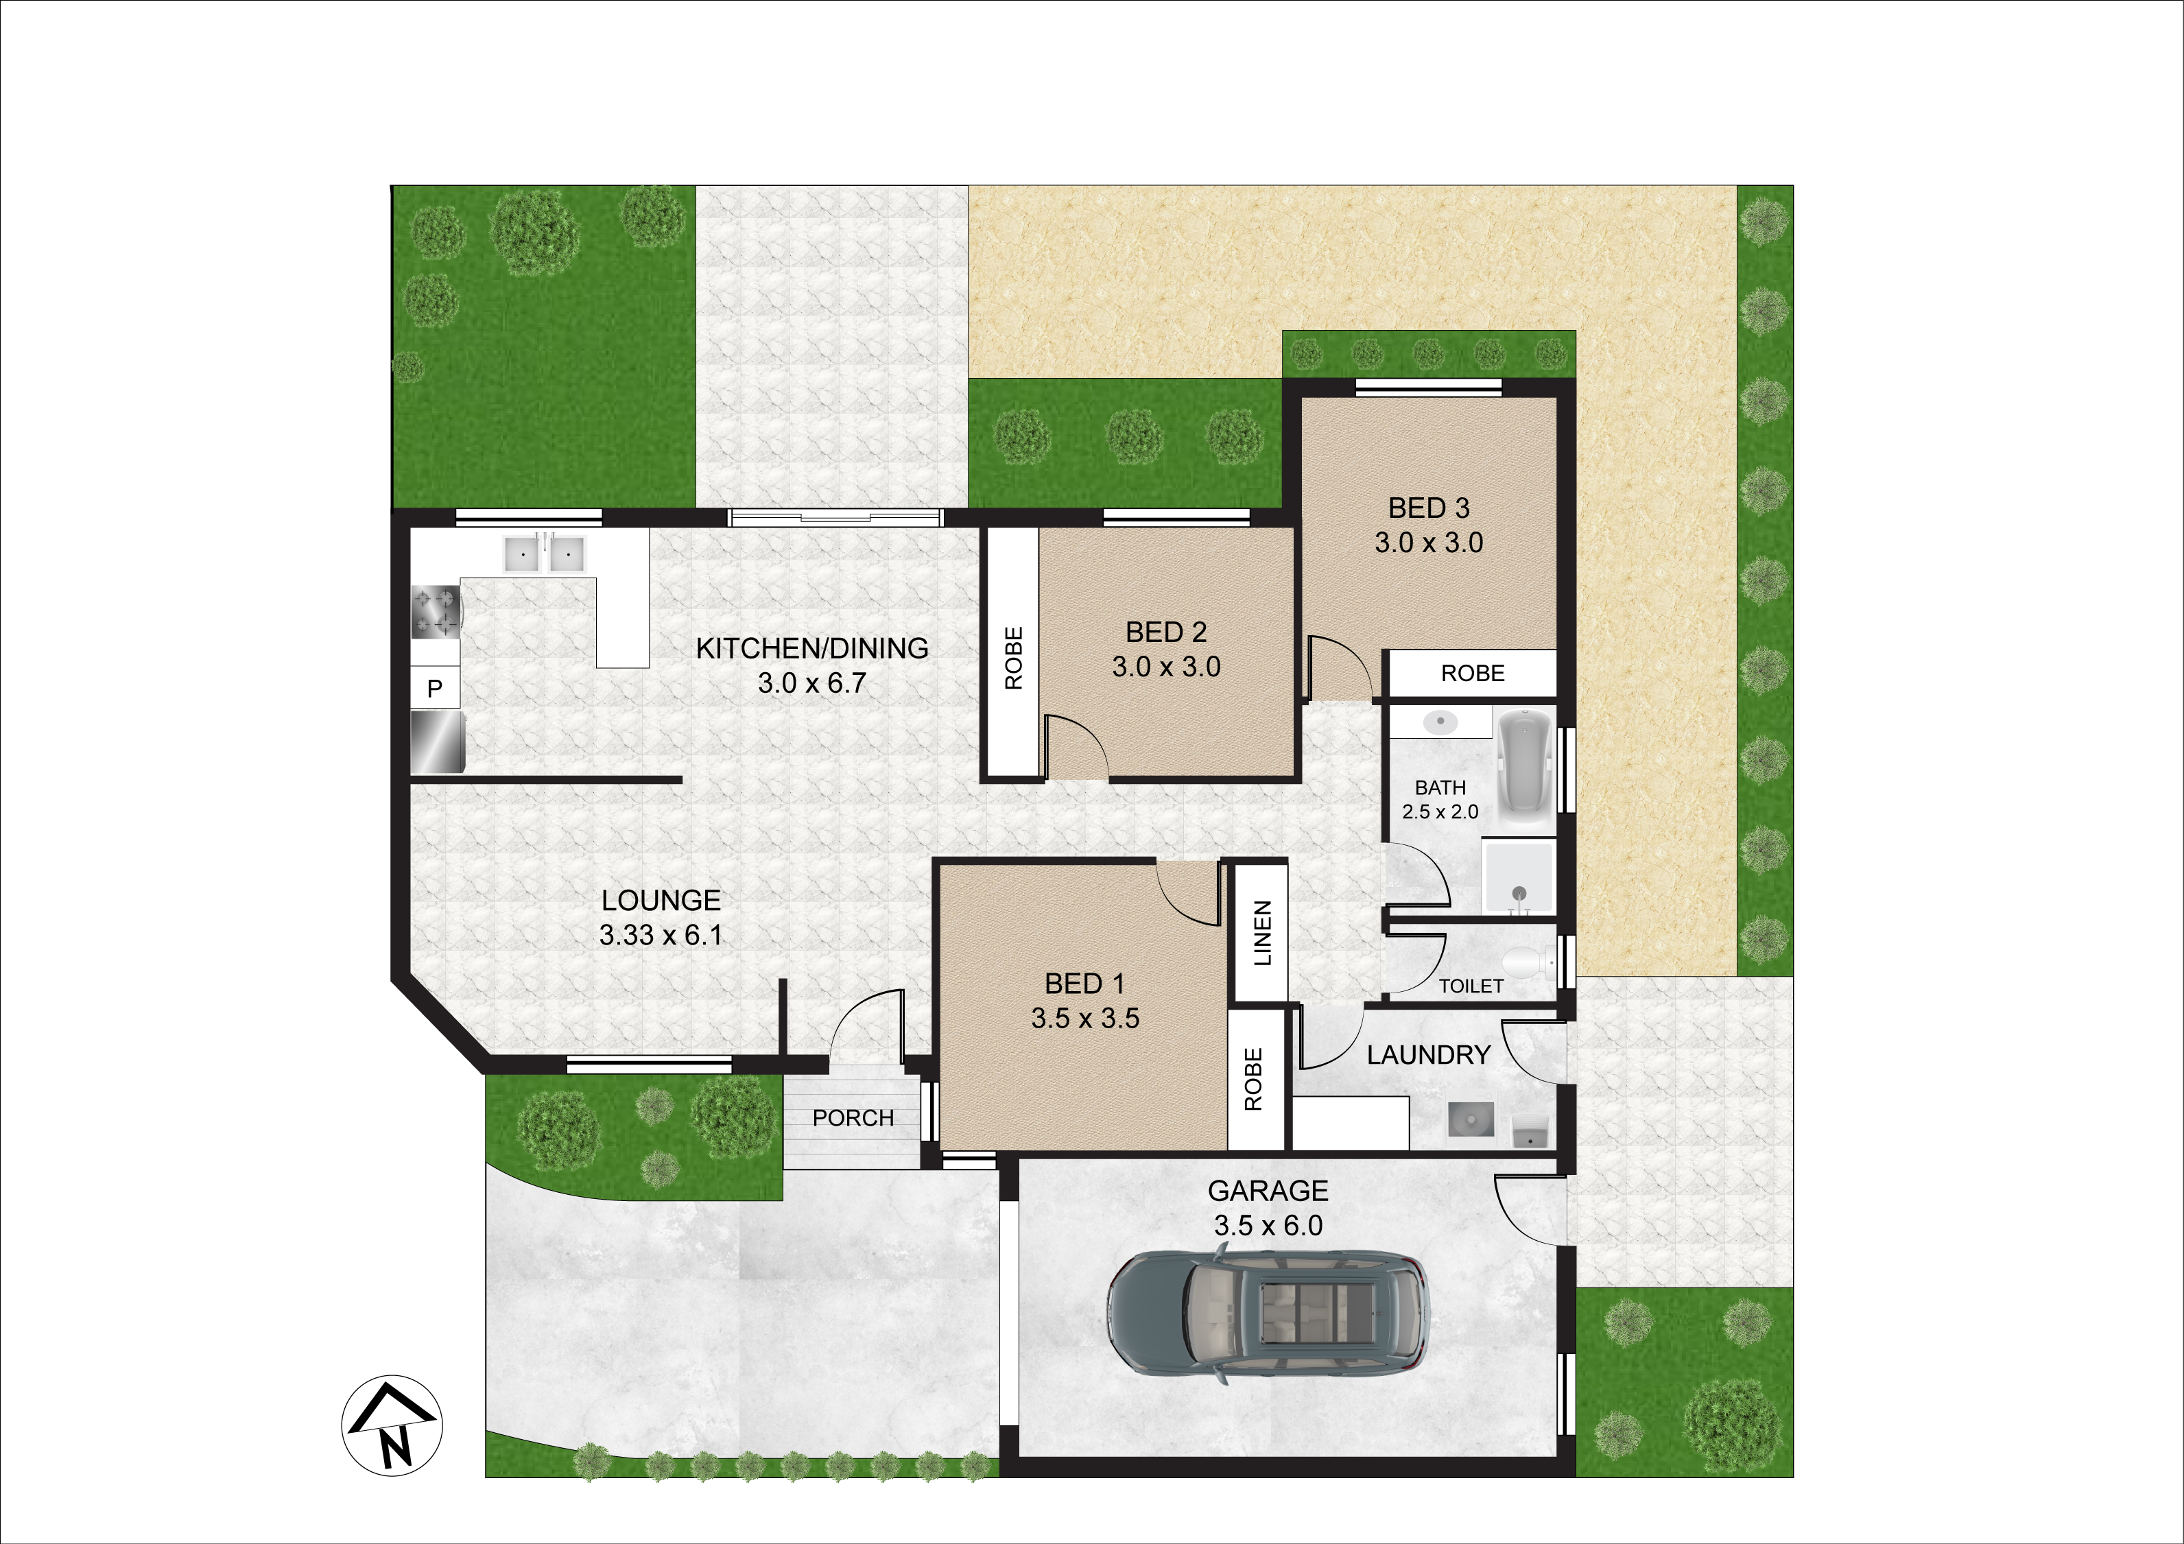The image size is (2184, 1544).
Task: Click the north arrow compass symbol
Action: (x=392, y=1425)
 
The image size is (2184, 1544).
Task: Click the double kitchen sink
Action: (x=544, y=554)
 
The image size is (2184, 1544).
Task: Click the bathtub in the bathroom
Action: (x=1526, y=769)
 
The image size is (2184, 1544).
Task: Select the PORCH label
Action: (x=853, y=1118)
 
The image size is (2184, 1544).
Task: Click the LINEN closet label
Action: (x=1262, y=934)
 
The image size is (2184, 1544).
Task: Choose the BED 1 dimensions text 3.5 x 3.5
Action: (x=1085, y=1019)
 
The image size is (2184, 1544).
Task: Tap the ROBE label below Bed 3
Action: (x=1473, y=674)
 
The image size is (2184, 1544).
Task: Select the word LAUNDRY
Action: (x=1429, y=1055)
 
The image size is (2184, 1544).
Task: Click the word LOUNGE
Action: (x=661, y=901)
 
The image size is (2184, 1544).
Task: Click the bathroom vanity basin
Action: (x=1440, y=721)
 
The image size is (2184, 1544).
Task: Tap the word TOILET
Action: (x=1471, y=986)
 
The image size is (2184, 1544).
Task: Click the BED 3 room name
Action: (x=1429, y=509)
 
